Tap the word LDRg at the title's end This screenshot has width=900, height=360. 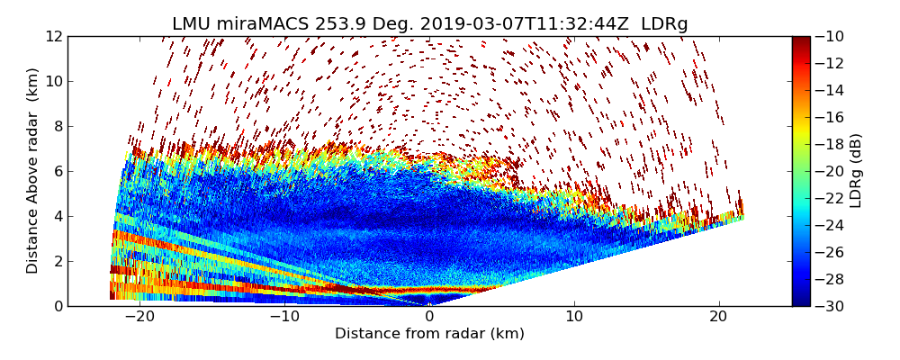pos(664,24)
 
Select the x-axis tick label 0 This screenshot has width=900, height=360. pos(429,318)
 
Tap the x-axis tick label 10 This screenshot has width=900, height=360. pos(574,318)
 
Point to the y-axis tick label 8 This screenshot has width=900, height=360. pos(58,126)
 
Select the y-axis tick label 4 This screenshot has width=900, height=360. pos(58,216)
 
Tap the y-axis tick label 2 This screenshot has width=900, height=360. pos(58,261)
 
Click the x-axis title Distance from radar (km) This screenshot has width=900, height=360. pos(429,334)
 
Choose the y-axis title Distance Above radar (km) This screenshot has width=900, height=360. pos(33,171)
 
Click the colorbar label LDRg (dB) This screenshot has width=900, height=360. pos(856,171)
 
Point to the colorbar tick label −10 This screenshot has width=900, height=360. pos(832,36)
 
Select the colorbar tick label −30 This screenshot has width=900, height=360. pos(832,306)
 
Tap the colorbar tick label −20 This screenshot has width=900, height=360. pos(832,171)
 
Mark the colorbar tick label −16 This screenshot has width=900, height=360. pos(832,117)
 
